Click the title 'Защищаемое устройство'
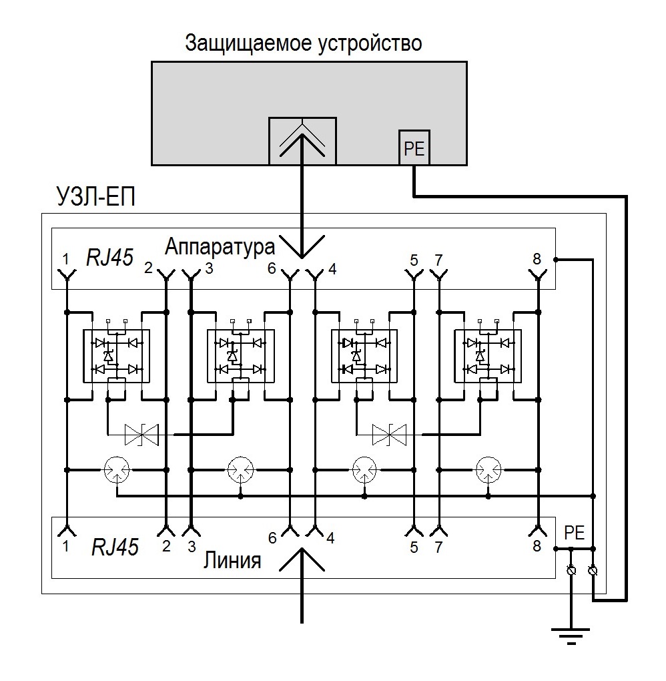pos(304,44)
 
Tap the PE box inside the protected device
pos(414,148)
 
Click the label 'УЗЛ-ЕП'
pos(94,197)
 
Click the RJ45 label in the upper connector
pos(109,257)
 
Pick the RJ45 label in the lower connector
pos(115,547)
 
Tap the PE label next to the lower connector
pos(574,532)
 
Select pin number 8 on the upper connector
pos(537,259)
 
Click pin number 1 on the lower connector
pos(65,545)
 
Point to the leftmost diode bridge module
pos(115,356)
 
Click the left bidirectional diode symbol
pos(141,435)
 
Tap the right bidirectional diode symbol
pos(389,435)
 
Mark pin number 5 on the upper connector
pos(414,259)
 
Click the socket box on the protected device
pos(302,141)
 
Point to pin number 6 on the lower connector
pos(272,537)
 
